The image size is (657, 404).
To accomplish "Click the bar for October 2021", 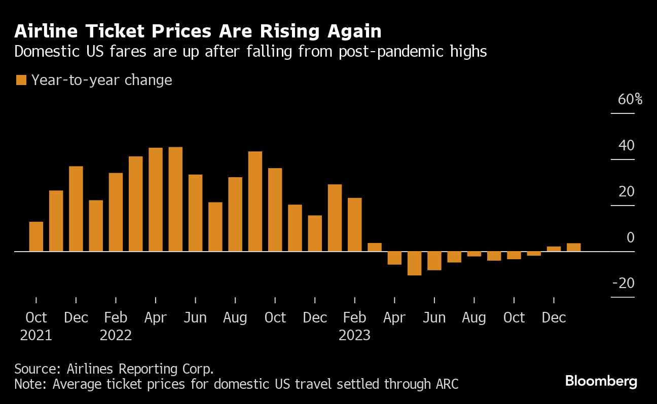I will point(36,236).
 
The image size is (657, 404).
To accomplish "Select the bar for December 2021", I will point(76,209).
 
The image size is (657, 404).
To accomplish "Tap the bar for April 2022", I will point(156,199).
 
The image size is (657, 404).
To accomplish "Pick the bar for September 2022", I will point(255,201).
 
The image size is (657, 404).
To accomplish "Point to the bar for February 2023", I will point(355,224).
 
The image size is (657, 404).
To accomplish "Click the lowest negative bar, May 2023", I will point(414,263).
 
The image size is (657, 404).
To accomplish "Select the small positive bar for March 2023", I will point(375,247).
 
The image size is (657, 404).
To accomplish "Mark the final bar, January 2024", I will point(573,247).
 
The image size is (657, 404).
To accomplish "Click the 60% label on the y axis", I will point(630,99).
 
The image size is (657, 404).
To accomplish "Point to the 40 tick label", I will point(627,146).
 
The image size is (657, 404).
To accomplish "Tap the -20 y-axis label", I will point(624,284).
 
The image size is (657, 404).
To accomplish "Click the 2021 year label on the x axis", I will point(36,335).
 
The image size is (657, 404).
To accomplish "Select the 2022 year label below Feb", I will point(116,335).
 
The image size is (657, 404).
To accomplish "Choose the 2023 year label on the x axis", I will point(354,335).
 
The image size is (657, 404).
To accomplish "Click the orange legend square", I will point(21,80).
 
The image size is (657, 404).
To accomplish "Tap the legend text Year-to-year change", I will point(101,80).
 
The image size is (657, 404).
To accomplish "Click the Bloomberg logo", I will point(601,381).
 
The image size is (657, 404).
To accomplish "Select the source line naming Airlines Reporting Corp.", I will point(114,368).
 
